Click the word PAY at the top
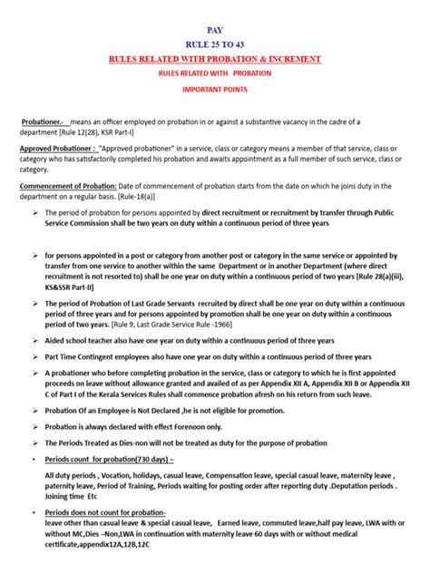click(215, 30)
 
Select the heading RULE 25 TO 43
click(215, 44)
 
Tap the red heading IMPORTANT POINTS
click(215, 91)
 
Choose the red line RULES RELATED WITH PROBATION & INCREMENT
click(215, 59)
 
